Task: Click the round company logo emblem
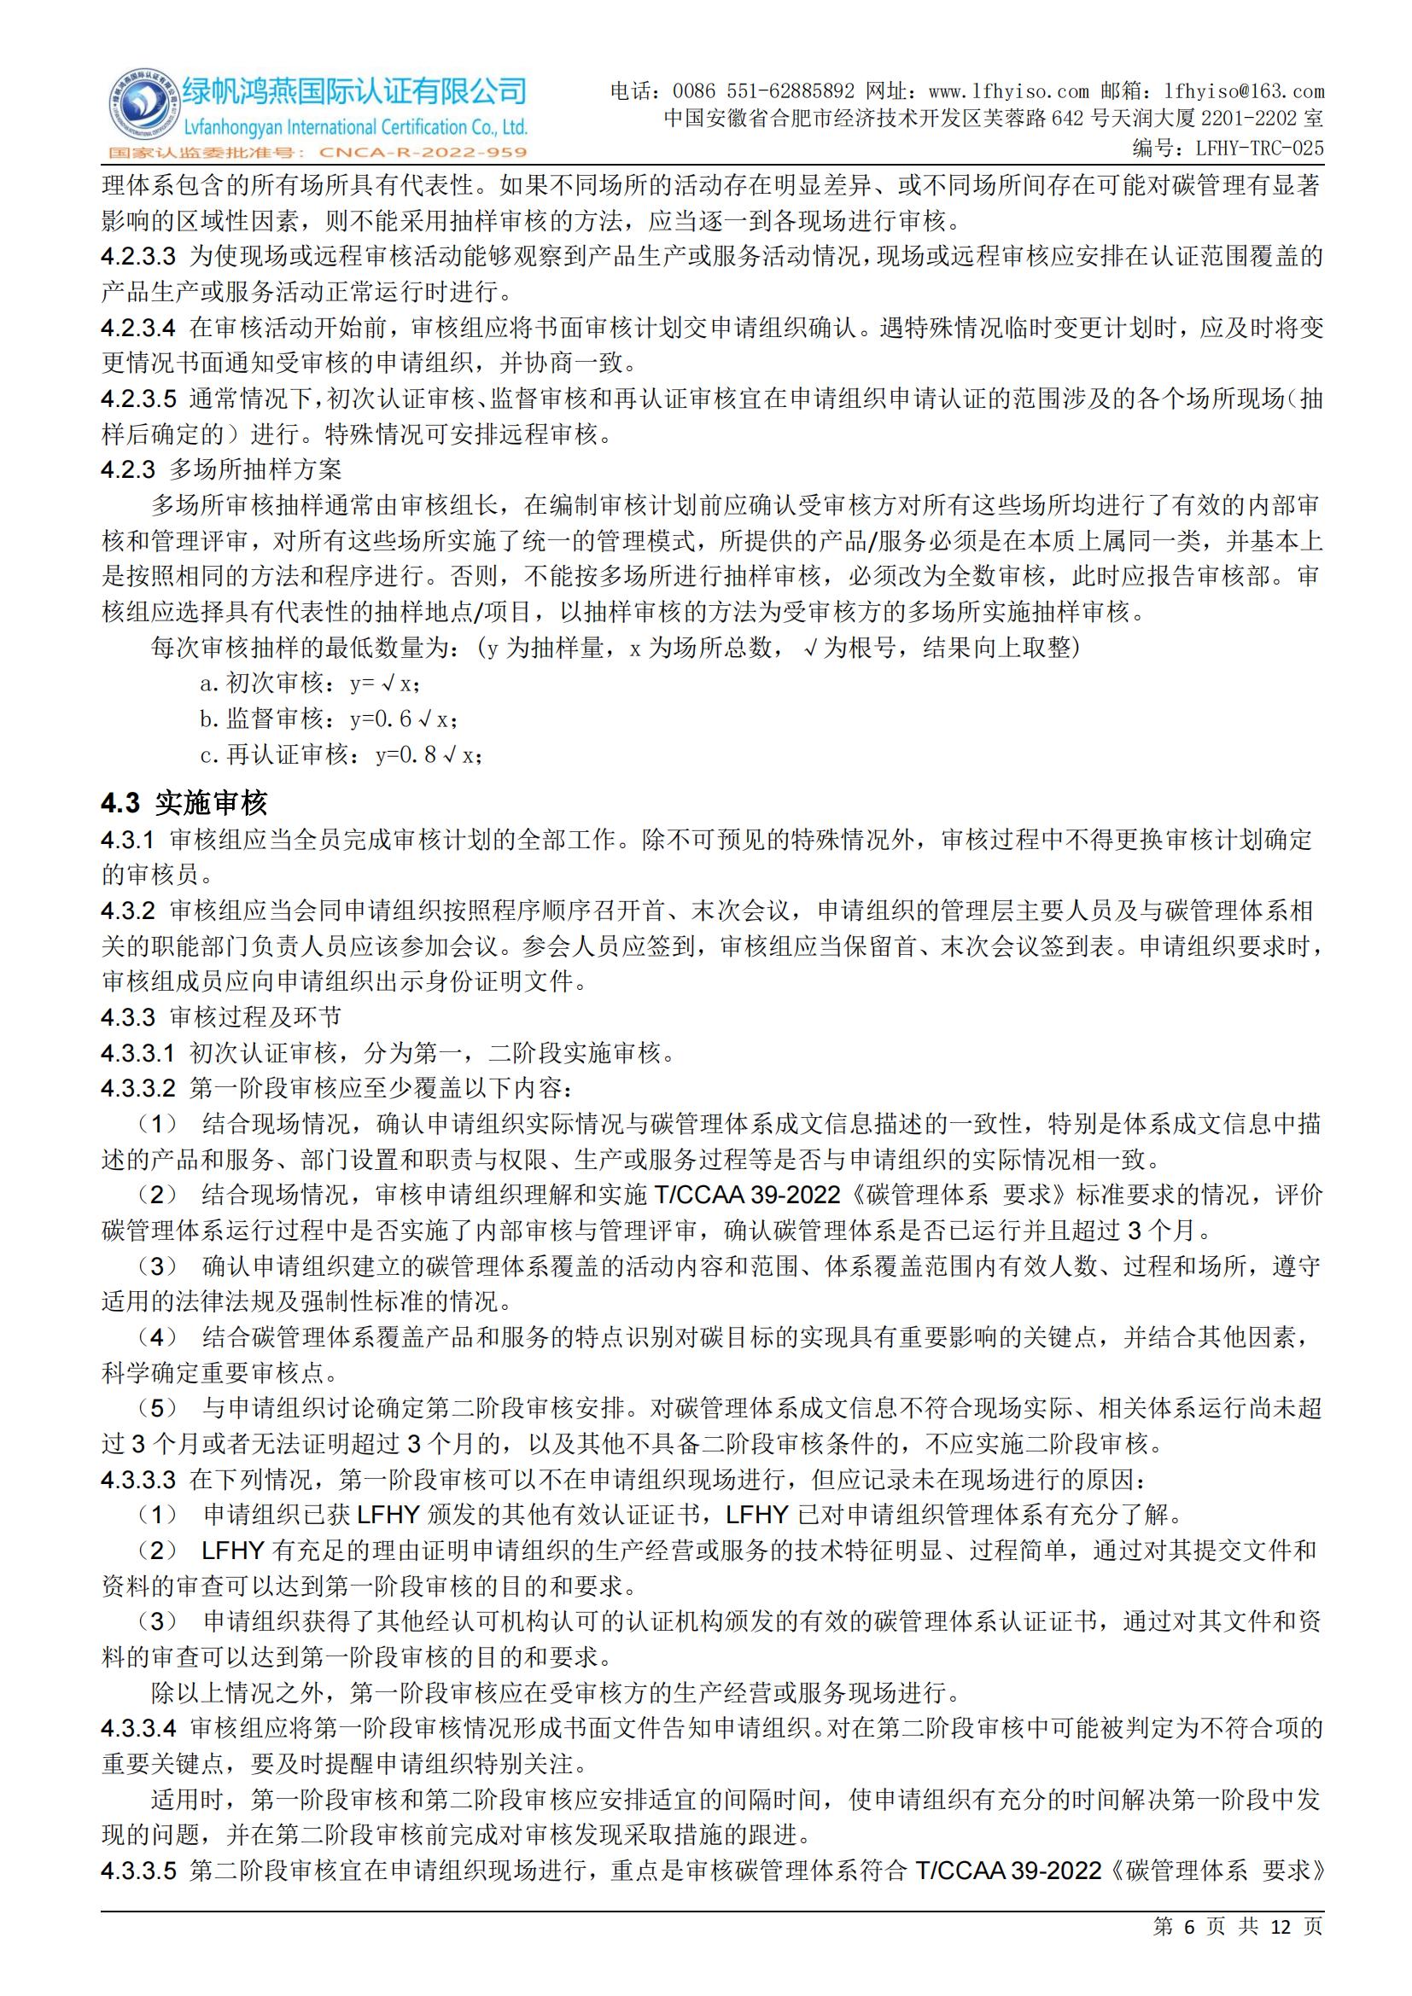coord(140,109)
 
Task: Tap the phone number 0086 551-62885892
coord(764,91)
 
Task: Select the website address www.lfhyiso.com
coord(1008,91)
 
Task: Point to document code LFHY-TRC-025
coord(1259,148)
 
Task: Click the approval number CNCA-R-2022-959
coord(423,153)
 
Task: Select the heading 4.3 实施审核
coord(184,802)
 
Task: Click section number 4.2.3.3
coord(138,257)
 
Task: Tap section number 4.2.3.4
coord(138,328)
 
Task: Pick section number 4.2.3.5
coord(138,399)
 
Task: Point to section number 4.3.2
coord(128,911)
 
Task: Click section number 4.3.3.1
coord(138,1053)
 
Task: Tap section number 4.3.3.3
coord(138,1479)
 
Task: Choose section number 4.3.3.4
coord(138,1727)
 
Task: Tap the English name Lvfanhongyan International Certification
coord(355,127)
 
